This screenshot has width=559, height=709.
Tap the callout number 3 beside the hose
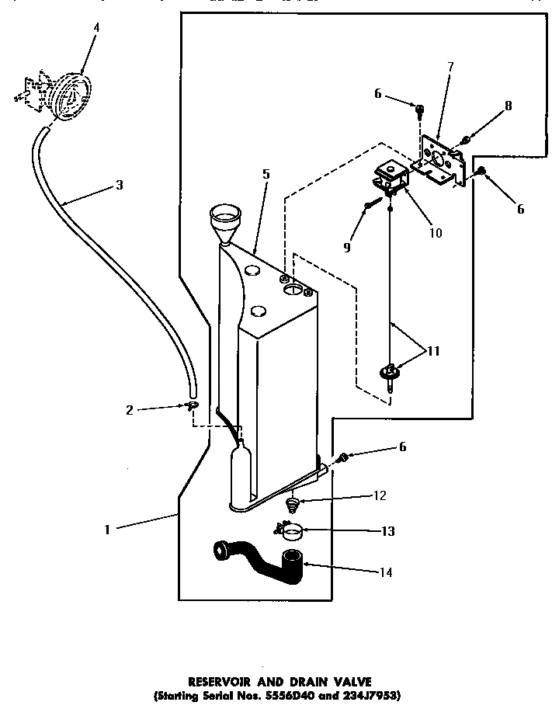point(118,185)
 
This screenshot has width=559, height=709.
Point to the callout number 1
point(107,530)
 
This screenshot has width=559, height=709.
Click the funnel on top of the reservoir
point(226,220)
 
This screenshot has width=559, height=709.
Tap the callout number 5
point(266,175)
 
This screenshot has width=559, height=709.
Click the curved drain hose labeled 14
point(260,561)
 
